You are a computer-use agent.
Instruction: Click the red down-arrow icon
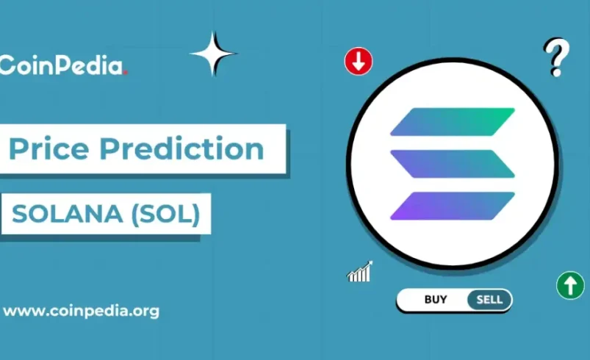(x=359, y=62)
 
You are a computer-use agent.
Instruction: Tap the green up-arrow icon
(x=569, y=285)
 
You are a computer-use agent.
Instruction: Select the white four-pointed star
(x=213, y=54)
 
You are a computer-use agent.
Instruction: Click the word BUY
(x=436, y=300)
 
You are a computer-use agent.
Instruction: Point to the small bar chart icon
(x=359, y=272)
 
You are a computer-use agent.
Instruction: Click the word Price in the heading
(x=48, y=149)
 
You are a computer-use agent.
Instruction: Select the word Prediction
(x=181, y=149)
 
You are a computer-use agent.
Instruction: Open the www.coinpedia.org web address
(x=81, y=311)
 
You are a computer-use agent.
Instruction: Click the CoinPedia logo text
(x=62, y=66)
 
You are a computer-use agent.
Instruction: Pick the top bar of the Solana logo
(x=452, y=122)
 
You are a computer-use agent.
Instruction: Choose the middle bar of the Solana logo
(x=452, y=163)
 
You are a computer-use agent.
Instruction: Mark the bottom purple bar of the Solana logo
(x=452, y=206)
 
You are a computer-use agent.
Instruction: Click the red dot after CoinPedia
(x=126, y=72)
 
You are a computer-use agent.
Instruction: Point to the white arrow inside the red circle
(x=359, y=62)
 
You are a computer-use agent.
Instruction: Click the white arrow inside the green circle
(x=569, y=285)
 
